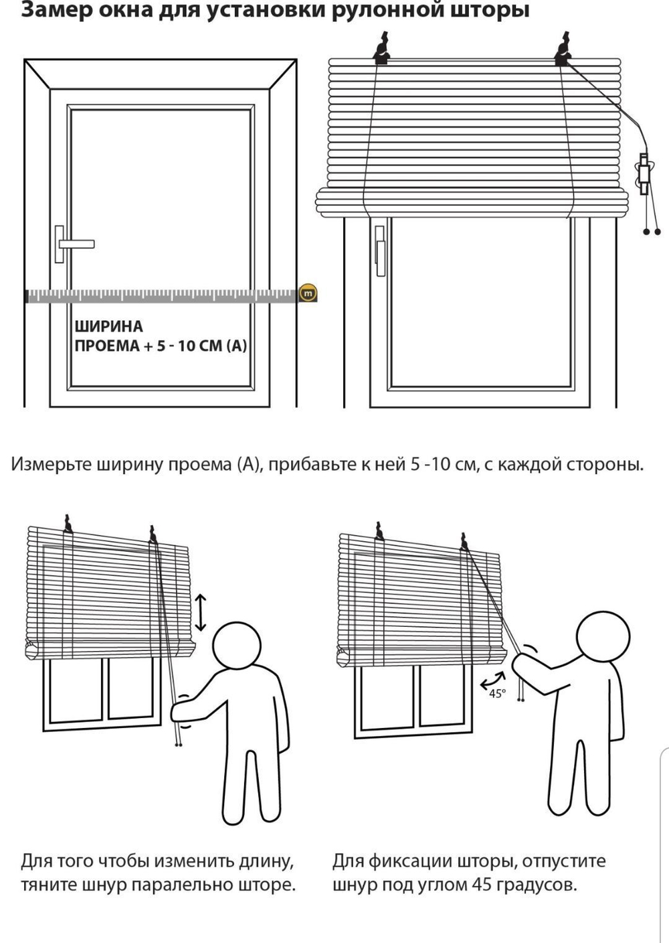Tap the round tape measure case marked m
click(x=308, y=293)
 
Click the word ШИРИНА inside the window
click(x=108, y=327)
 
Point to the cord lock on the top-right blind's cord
click(x=644, y=173)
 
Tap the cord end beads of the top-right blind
click(x=652, y=232)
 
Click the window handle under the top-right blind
click(x=380, y=250)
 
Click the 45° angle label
click(x=497, y=694)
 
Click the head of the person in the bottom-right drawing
click(x=603, y=638)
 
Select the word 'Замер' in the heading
click(x=52, y=10)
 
